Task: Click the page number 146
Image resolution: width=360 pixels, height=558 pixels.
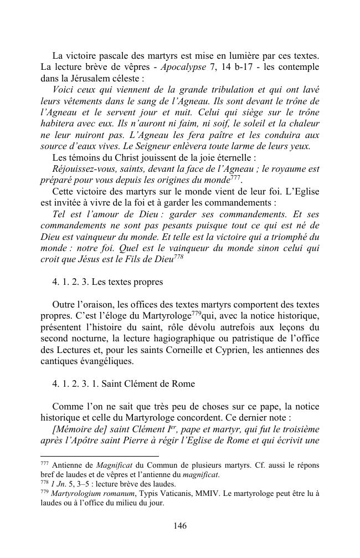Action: [x=180, y=526]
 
